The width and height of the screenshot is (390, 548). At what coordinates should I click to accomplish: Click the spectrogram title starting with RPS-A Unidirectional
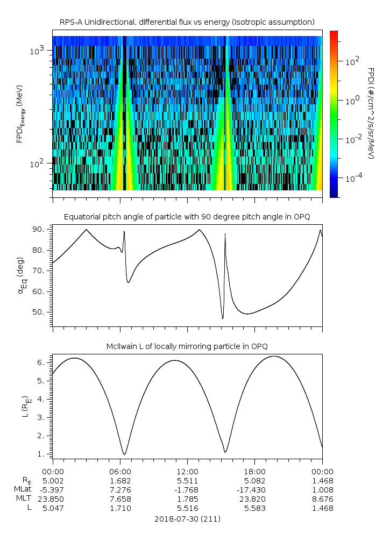coord(187,22)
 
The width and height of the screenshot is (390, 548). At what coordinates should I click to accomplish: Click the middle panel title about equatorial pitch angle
coord(187,217)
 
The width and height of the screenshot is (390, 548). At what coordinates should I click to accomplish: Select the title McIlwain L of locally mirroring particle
coord(187,345)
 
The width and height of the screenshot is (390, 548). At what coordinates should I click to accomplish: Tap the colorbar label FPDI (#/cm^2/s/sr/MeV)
coord(371,113)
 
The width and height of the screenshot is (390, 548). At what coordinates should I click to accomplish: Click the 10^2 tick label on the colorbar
coord(352,61)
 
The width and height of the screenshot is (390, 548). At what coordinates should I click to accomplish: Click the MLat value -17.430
coord(254,490)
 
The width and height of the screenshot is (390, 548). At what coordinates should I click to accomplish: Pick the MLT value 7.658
coord(120,499)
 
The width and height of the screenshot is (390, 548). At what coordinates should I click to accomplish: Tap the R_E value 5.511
coord(187,481)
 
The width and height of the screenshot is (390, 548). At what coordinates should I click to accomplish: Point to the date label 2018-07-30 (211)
coord(187,519)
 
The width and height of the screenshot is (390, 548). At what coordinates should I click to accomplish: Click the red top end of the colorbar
coord(334,33)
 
